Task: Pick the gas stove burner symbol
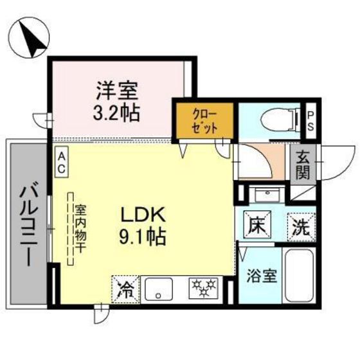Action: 204,289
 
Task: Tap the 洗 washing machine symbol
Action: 301,226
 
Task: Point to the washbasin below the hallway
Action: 262,195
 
